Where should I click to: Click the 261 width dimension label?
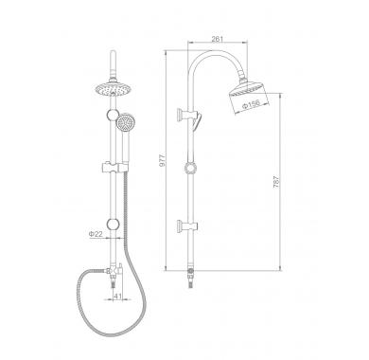[x=218, y=39]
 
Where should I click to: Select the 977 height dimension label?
[x=162, y=160]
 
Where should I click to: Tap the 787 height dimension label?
[x=276, y=182]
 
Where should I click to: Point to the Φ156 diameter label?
[x=251, y=104]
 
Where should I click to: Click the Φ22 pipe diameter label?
[x=96, y=234]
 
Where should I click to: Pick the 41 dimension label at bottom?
[x=117, y=296]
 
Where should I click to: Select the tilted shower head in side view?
[x=249, y=93]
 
